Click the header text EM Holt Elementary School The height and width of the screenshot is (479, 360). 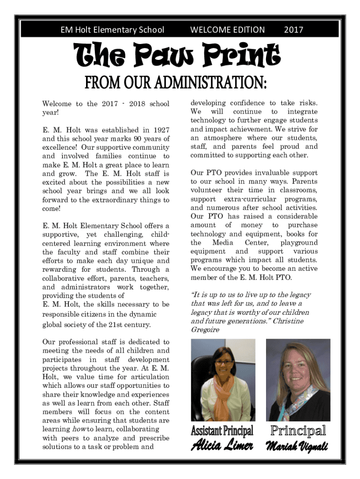pyautogui.click(x=112, y=30)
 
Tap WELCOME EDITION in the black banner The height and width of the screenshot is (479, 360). pyautogui.click(x=227, y=30)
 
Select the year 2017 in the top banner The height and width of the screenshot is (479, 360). pyautogui.click(x=293, y=30)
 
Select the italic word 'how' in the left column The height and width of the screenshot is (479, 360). pyautogui.click(x=77, y=429)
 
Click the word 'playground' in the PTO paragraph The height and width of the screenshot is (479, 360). pyautogui.click(x=299, y=243)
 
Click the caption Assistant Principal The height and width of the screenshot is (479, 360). pyautogui.click(x=222, y=430)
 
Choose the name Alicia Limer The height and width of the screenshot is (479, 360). pyautogui.click(x=222, y=446)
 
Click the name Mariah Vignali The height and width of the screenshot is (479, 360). pyautogui.click(x=297, y=447)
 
